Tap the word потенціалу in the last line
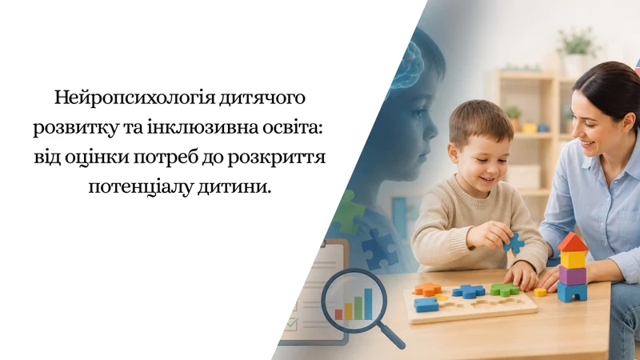141,188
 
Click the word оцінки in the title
97,158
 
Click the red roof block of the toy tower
573,242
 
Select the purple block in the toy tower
573,275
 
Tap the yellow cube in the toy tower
573,259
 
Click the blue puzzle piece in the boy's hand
514,243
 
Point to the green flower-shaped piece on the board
505,290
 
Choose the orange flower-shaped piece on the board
428,290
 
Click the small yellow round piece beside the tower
540,292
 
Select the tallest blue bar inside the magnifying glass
368,304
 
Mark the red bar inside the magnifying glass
338,314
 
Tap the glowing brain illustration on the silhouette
406,66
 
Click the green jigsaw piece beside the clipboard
348,212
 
